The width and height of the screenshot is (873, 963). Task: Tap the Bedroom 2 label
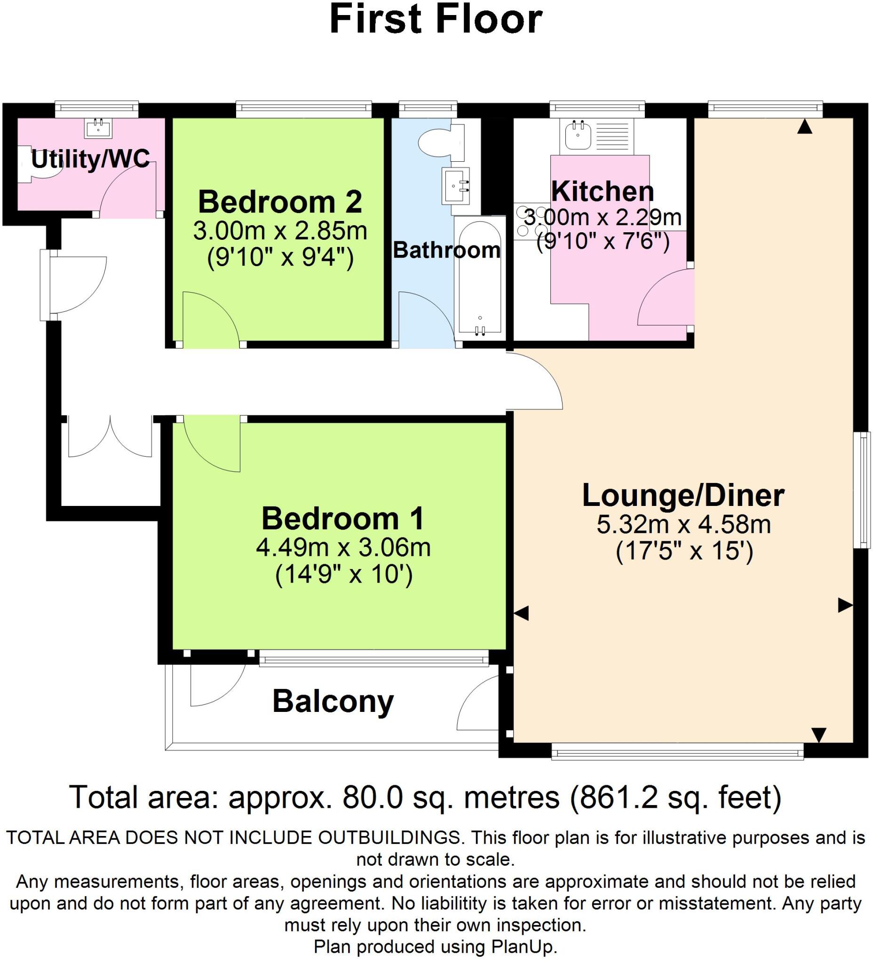point(280,202)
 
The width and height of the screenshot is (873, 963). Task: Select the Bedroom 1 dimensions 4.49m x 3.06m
point(343,547)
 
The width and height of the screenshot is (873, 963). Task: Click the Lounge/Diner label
point(683,495)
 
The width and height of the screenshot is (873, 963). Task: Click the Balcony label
point(333,701)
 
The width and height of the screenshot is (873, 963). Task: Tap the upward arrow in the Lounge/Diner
point(805,126)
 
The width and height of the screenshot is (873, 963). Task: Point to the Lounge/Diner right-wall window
point(864,489)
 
